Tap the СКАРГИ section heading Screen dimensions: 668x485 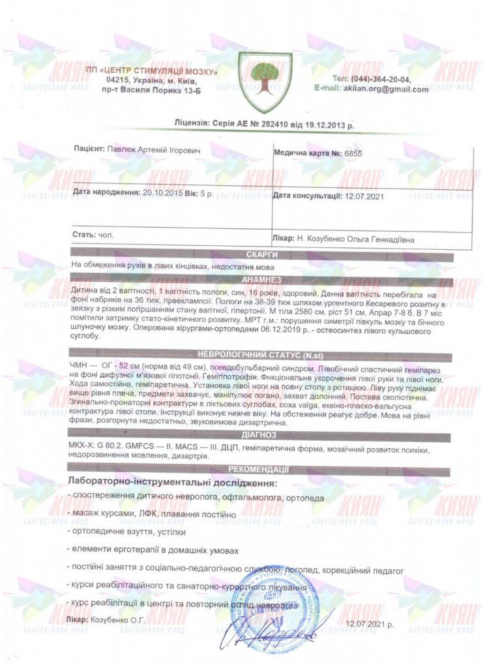[263, 255]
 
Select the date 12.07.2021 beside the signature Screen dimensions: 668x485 [370, 625]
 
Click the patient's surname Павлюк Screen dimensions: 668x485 [122, 150]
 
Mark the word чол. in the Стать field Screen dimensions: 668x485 [104, 234]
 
